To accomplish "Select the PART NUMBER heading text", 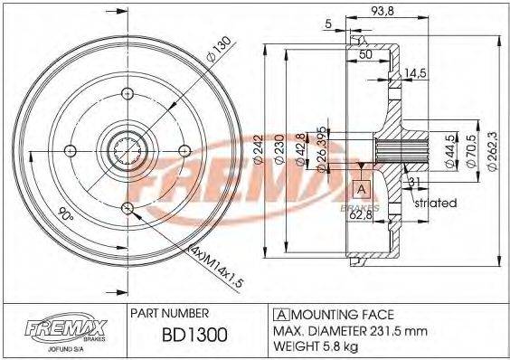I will (x=171, y=313).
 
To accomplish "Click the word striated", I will (x=435, y=204).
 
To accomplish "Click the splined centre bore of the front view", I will (x=127, y=149).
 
